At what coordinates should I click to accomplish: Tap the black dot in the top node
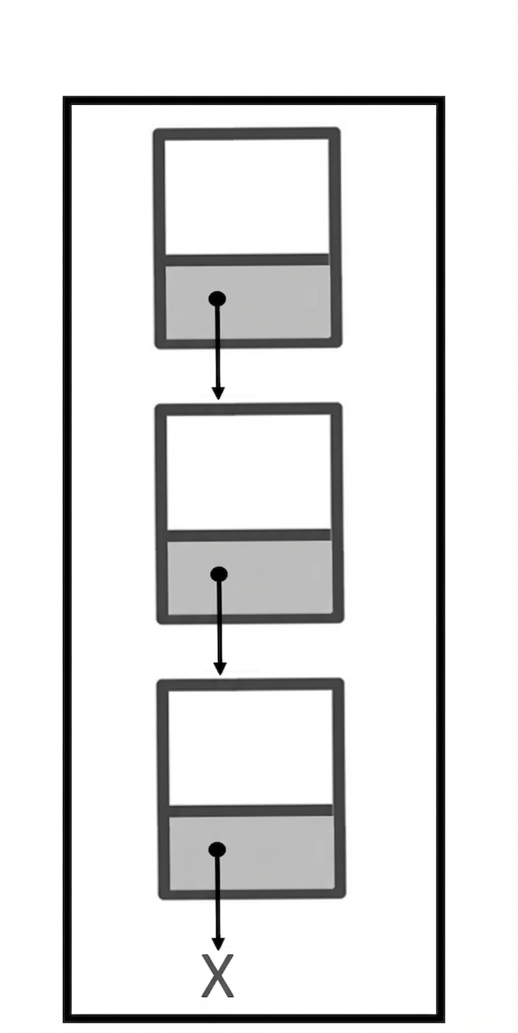pyautogui.click(x=217, y=299)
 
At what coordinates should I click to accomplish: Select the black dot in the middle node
pyautogui.click(x=219, y=574)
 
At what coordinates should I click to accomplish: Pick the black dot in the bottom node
pyautogui.click(x=217, y=850)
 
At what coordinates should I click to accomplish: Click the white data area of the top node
pyautogui.click(x=247, y=196)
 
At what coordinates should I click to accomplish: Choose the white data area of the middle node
pyautogui.click(x=248, y=472)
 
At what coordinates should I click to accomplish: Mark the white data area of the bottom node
pyautogui.click(x=250, y=747)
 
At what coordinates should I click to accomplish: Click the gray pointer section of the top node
pyautogui.click(x=248, y=302)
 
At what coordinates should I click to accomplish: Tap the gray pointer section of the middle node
pyautogui.click(x=250, y=577)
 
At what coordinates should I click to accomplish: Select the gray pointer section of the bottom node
pyautogui.click(x=252, y=853)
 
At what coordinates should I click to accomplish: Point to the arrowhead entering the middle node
pyautogui.click(x=219, y=392)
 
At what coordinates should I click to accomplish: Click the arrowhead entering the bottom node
pyautogui.click(x=219, y=668)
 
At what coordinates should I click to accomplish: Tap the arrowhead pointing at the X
pyautogui.click(x=218, y=943)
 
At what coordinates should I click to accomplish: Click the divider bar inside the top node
pyautogui.click(x=247, y=260)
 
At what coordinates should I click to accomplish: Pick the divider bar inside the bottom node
pyautogui.click(x=250, y=811)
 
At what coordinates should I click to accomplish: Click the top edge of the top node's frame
pyautogui.click(x=247, y=134)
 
